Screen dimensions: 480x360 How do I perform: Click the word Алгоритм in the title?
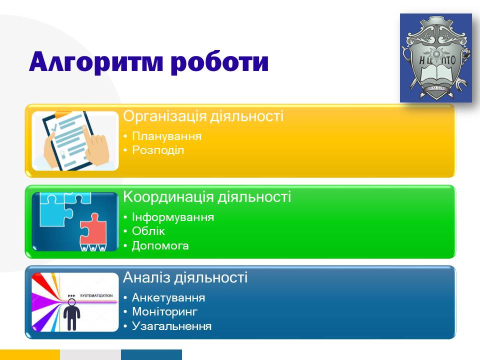coord(95,62)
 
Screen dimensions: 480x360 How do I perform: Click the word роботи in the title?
coord(219,62)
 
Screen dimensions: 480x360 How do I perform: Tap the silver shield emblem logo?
coord(435,58)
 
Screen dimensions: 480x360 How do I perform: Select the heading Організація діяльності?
coord(203,116)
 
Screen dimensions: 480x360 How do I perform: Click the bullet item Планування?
coord(167,136)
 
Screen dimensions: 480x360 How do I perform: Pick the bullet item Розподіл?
coord(158,150)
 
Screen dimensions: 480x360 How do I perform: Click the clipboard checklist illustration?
coord(75,141)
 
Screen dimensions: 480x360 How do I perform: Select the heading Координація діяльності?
coord(207,197)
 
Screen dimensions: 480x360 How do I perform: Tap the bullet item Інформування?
coord(173,217)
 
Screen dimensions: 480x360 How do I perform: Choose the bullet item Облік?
coord(148,231)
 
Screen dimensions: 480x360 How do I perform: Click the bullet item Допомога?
coord(160,245)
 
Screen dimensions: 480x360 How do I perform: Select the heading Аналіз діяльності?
coord(185,277)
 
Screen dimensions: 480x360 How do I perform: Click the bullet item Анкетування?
coord(168,297)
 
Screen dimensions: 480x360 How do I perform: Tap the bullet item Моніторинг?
coord(164,311)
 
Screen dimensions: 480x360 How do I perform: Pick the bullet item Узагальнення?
coord(171,326)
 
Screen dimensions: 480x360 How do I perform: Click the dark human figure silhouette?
coord(71,315)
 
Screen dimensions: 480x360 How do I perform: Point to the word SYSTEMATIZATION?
coord(96,295)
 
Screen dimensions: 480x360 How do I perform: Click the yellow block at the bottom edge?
coord(30,355)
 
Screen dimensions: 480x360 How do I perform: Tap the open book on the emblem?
coord(435,75)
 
